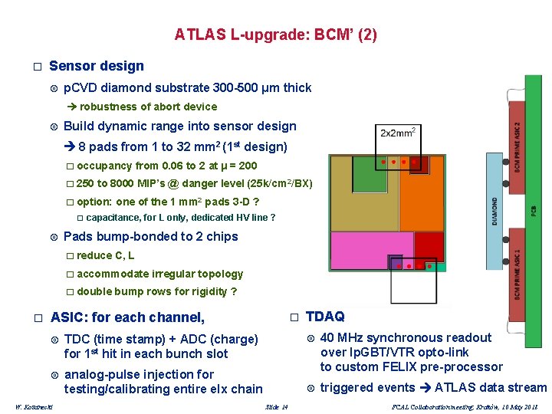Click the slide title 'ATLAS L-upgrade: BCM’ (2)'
(275, 34)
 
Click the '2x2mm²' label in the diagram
(398, 133)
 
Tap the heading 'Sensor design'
(96, 66)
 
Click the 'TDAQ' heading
(325, 316)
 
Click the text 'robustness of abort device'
(148, 107)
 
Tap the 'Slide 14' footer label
(275, 406)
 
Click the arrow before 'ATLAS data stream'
(424, 388)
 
